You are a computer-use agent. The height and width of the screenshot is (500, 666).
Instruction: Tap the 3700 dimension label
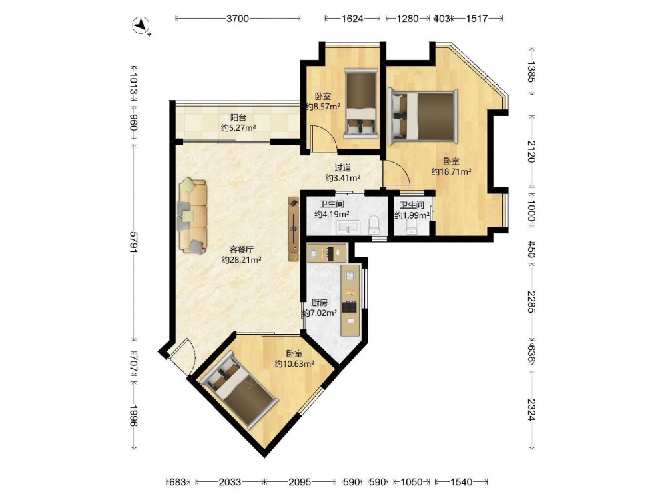[238, 18]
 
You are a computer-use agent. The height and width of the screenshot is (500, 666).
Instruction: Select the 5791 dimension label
[134, 243]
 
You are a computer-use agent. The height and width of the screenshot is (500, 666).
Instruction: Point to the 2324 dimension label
[531, 410]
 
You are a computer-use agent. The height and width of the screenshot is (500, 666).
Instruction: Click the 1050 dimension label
[412, 482]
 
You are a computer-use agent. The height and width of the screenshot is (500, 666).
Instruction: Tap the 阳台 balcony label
[238, 117]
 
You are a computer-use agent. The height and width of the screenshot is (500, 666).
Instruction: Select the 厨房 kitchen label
[320, 303]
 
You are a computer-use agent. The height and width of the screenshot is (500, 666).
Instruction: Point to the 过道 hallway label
[343, 168]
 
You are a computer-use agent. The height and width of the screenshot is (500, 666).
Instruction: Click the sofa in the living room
[193, 216]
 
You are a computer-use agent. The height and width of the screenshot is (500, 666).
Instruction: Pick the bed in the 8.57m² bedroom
[360, 104]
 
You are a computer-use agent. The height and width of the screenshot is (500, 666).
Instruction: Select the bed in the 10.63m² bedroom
[239, 389]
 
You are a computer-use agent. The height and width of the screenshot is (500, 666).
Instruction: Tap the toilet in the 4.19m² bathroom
[374, 225]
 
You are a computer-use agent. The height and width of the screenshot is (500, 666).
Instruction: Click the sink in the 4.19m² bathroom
[348, 228]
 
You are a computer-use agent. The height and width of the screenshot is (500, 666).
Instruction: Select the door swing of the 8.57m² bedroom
[324, 138]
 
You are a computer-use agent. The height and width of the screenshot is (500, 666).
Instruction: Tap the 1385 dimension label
[531, 72]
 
